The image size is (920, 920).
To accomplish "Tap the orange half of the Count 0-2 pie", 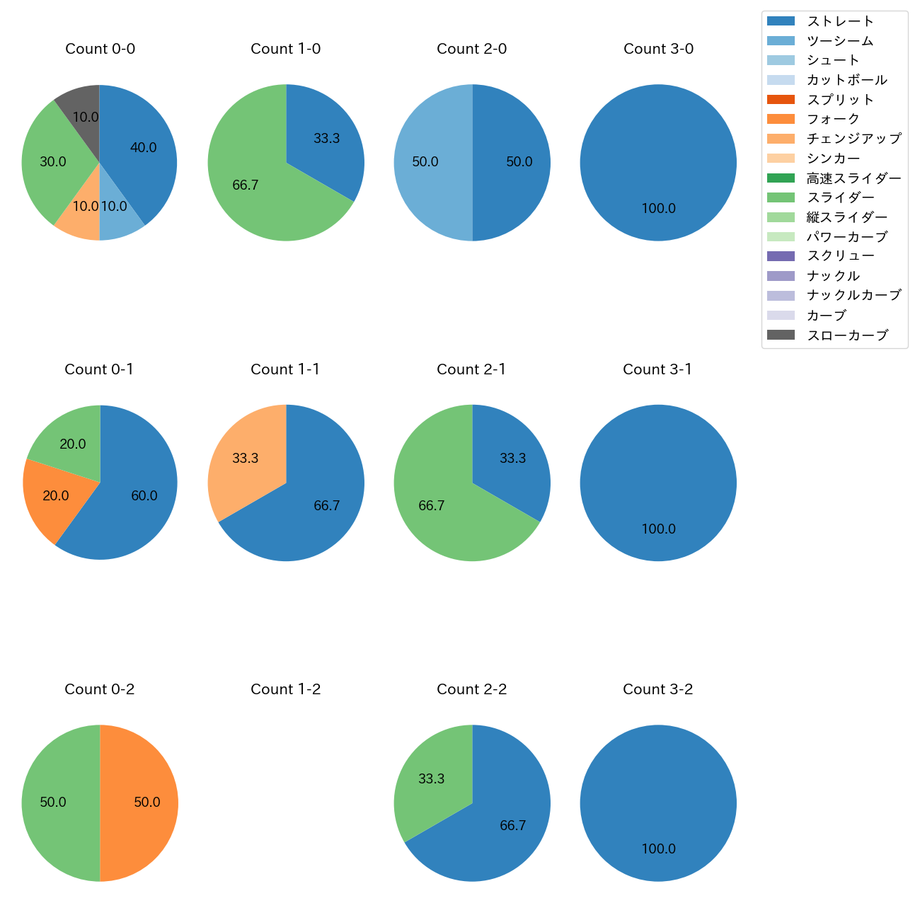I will (142, 803).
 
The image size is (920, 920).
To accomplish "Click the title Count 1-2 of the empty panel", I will (286, 689).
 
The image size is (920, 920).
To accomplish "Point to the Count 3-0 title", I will (658, 49).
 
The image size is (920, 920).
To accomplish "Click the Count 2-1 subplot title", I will (471, 369).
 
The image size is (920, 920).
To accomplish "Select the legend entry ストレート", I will (840, 21).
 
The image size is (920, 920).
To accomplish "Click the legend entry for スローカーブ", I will (847, 335).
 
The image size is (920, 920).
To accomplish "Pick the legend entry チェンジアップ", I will (853, 139).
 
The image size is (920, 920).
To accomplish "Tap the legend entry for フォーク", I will (833, 119).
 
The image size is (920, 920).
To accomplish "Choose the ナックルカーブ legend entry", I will (853, 295).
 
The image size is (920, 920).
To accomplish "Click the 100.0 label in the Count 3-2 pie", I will (658, 849).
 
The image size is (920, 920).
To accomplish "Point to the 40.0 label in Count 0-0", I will (144, 148).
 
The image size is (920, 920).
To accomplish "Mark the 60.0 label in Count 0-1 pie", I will (144, 496).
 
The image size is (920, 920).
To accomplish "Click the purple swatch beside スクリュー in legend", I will (781, 256).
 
